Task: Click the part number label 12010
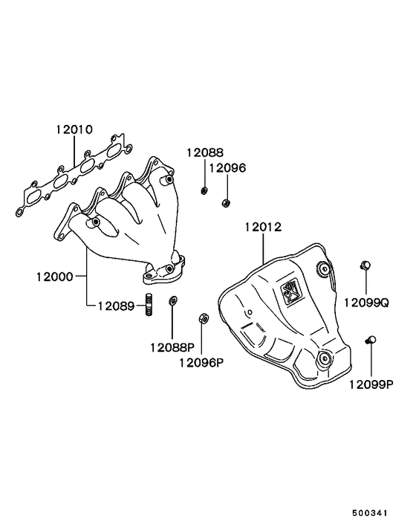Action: coord(74,129)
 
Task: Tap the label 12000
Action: coord(55,277)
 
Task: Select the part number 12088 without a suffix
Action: coord(204,152)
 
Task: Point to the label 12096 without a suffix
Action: coord(227,168)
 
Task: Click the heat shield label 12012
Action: coord(263,227)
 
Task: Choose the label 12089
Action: coord(116,306)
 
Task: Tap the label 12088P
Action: coord(172,347)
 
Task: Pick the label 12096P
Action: coord(201,362)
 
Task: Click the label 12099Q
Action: coord(367,303)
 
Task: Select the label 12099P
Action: coord(371,384)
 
